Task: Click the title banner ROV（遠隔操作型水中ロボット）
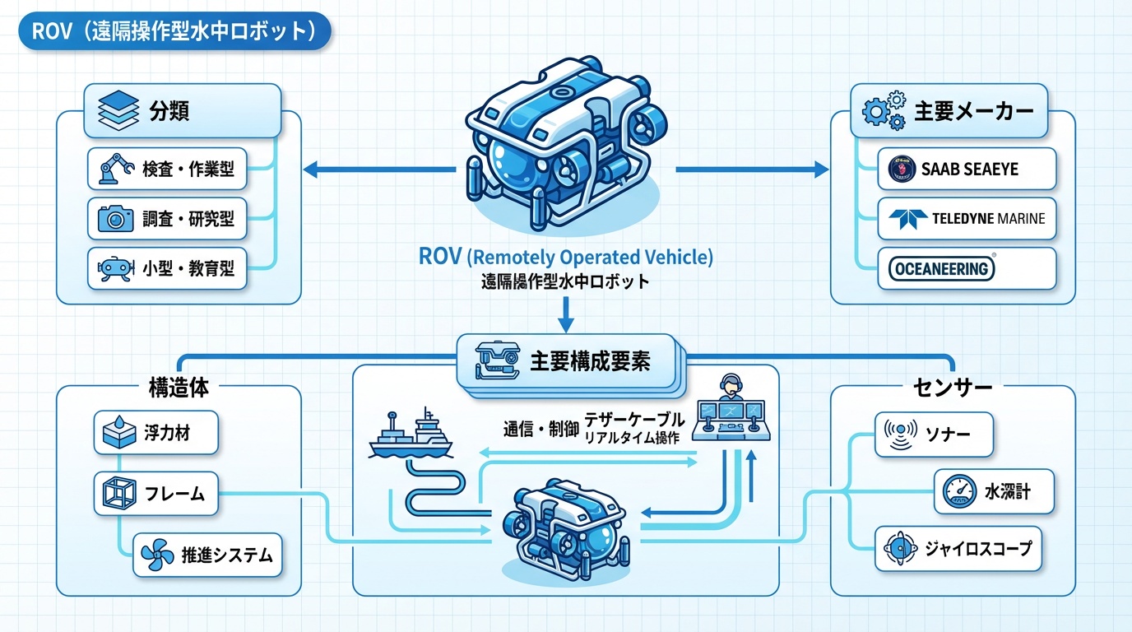pos(174,32)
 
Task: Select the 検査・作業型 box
pos(168,170)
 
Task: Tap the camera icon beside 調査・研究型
pos(115,218)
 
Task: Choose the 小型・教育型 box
pos(168,268)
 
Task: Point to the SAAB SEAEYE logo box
pos(966,170)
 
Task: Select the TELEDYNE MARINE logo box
pos(966,219)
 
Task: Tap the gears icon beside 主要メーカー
pos(883,113)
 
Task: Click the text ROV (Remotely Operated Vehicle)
pos(565,257)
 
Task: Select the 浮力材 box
pos(155,433)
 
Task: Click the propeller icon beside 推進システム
pos(152,555)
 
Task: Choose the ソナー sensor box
pos(933,433)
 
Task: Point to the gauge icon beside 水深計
pos(958,493)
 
